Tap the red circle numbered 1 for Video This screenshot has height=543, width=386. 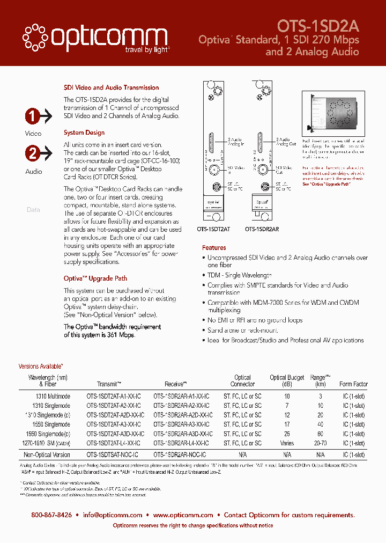click(32, 116)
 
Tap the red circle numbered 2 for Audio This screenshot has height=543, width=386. click(32, 153)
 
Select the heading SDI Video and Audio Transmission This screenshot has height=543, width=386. click(111, 87)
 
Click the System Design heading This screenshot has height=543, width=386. click(84, 133)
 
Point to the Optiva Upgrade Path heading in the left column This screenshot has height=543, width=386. click(95, 278)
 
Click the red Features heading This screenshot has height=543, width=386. click(214, 248)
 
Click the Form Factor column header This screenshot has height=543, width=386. click(353, 384)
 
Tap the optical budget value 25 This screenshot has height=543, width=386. click(287, 434)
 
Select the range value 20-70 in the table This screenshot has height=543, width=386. click(320, 443)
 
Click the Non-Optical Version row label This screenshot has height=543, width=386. click(47, 454)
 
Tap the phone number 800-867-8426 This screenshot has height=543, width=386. click(51, 515)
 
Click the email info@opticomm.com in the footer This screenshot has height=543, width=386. click(113, 515)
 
